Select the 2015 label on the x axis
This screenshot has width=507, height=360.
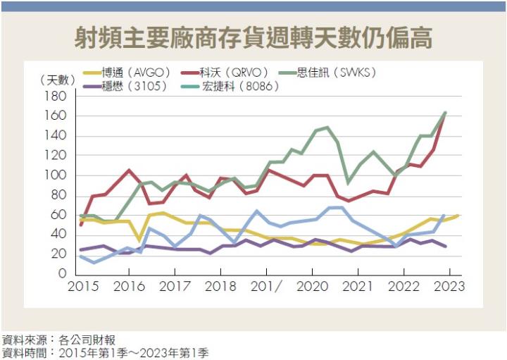[82, 287]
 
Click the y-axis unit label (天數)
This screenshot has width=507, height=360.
[56, 79]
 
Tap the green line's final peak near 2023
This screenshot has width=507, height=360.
[445, 113]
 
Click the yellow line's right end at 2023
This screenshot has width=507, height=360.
[458, 216]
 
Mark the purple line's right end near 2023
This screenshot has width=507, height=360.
[445, 247]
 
